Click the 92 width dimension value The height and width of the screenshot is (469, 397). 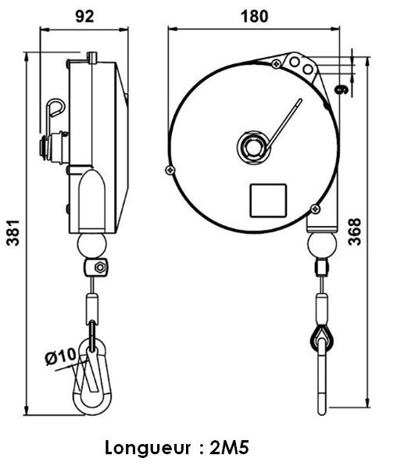tap(84, 16)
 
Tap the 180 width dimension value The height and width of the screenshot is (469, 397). tap(255, 16)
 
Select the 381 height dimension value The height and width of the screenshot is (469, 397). tap(13, 233)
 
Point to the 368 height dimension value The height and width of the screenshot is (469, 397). tap(355, 232)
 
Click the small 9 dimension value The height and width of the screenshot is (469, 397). tap(342, 89)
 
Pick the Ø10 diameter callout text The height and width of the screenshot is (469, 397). tap(61, 356)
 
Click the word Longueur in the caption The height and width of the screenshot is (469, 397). tap(148, 449)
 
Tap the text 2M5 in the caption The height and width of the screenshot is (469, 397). tap(229, 448)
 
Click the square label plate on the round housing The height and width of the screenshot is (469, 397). tap(268, 200)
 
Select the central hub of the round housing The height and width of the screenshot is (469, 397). tap(254, 147)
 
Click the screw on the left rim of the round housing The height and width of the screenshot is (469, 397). tap(170, 170)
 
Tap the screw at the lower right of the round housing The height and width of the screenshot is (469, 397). tap(316, 209)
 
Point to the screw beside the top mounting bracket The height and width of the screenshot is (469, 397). tap(276, 63)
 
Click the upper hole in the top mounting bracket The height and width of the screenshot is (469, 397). tap(295, 62)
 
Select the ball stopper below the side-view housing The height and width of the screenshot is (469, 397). tap(91, 245)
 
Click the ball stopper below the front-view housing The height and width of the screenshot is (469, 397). tap(322, 245)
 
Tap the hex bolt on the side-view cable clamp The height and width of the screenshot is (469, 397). tap(100, 267)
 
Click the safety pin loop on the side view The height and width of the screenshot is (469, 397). tap(55, 107)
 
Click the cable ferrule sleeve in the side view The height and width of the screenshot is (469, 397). tap(92, 307)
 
